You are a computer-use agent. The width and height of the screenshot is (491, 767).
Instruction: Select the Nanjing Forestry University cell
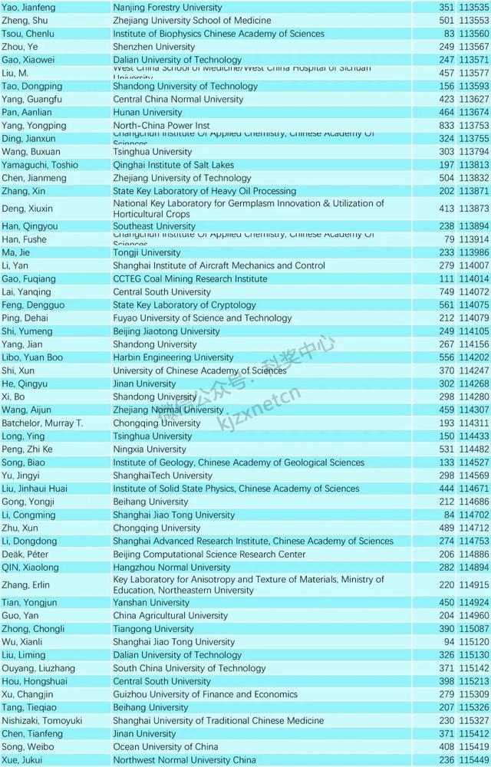[x=167, y=8]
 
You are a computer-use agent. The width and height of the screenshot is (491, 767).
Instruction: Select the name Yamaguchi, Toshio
[x=40, y=165]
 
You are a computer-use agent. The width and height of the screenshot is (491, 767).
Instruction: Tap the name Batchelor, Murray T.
[x=42, y=423]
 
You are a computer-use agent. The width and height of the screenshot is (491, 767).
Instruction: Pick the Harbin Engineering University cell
[x=173, y=357]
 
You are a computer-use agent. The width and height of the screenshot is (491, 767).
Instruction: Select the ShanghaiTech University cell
[x=163, y=476]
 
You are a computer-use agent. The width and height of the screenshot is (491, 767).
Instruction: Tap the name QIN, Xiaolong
[x=30, y=568]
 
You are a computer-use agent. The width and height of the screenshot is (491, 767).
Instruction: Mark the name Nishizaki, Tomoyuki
[x=42, y=721]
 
